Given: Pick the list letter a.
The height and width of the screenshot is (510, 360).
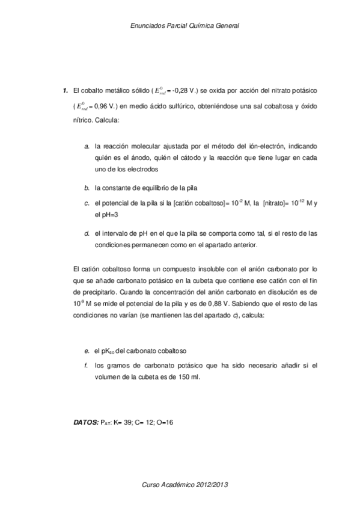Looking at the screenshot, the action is tap(87, 146).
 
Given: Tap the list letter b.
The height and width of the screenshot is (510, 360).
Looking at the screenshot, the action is tap(87, 188).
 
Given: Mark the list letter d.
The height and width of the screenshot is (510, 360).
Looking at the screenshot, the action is tap(87, 233).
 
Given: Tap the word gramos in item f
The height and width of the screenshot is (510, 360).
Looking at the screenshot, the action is tap(117, 365).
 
